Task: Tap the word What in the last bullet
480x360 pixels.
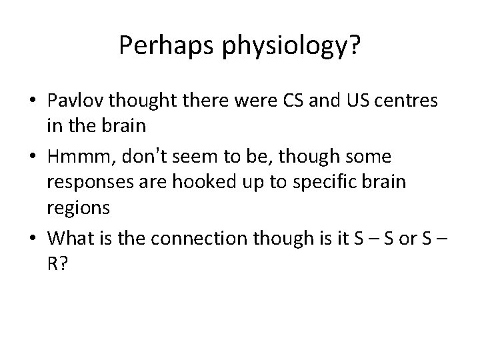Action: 71,236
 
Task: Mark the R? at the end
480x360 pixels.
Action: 57,263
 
